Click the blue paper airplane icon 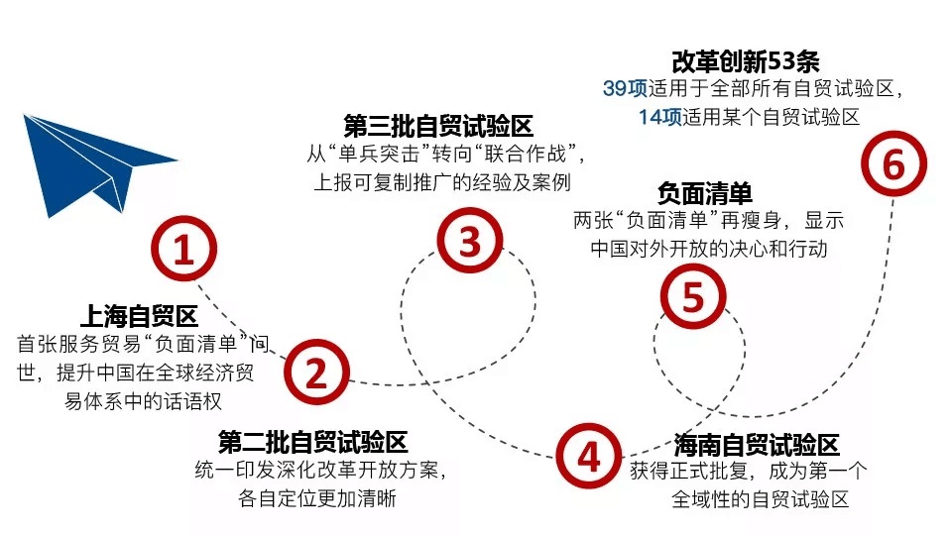tap(91, 163)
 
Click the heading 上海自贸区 tap(139, 316)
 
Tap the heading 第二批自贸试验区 tap(312, 442)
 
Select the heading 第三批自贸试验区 tap(437, 126)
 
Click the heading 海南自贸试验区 tap(757, 445)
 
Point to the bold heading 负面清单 tap(704, 193)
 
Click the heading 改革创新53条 tap(746, 61)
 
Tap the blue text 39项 tap(625, 88)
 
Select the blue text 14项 tap(659, 117)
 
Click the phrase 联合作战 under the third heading tap(526, 155)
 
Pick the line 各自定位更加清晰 tap(317, 498)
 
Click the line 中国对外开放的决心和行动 tap(708, 249)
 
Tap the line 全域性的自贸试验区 tap(760, 499)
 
